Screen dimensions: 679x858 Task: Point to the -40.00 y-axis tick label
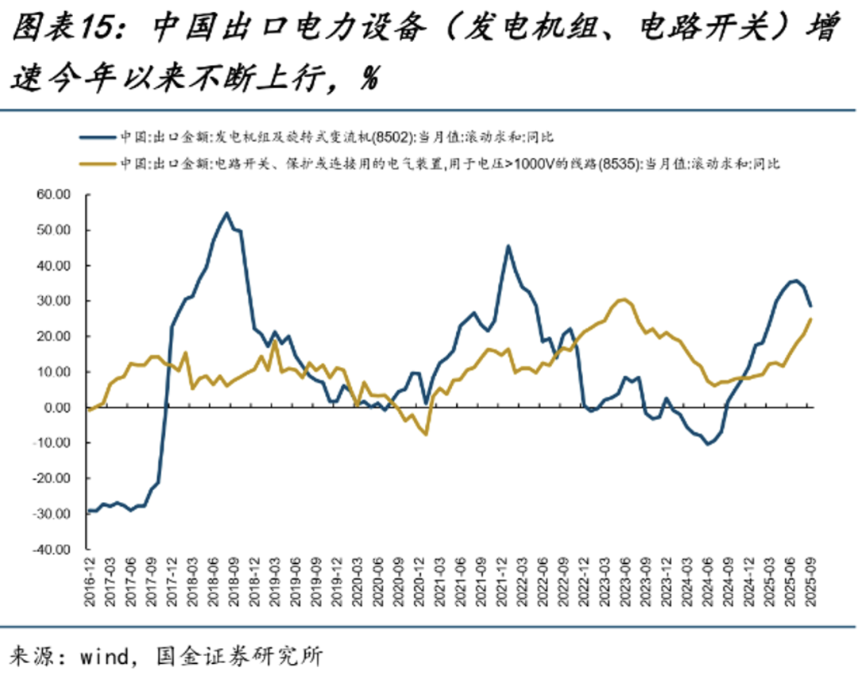[52, 550]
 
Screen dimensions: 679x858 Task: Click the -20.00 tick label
[52, 479]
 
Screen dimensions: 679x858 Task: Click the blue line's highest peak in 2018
[226, 213]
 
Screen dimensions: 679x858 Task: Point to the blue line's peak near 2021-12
[508, 246]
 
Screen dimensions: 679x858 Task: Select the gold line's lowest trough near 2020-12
[427, 434]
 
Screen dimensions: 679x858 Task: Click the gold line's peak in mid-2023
[625, 299]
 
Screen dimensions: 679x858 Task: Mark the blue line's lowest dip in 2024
[708, 444]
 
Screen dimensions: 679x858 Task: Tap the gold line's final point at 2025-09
[810, 319]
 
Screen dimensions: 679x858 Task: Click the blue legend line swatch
[98, 137]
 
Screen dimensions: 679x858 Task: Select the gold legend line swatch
[98, 164]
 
